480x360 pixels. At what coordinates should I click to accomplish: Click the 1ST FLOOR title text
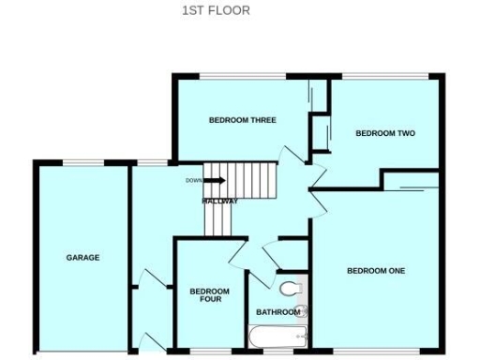(x=215, y=11)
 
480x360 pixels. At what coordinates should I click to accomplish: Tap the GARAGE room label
(x=82, y=257)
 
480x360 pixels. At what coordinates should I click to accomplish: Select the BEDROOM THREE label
(x=242, y=119)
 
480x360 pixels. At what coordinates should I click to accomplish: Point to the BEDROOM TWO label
(x=384, y=133)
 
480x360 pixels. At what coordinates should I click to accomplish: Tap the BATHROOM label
(x=278, y=312)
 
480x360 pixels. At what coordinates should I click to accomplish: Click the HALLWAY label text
(x=219, y=202)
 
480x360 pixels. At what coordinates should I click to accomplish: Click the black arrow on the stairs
(x=215, y=181)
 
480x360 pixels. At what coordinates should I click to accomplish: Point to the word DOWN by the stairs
(x=193, y=181)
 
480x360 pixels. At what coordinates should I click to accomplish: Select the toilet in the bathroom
(x=290, y=287)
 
